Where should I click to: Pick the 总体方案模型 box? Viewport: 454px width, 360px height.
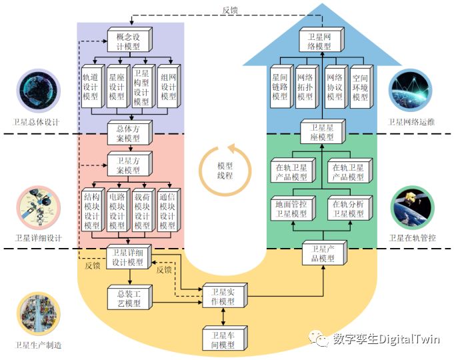pos(128,133)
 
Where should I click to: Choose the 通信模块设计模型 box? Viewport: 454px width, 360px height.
pos(168,210)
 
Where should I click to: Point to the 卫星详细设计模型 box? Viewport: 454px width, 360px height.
pos(127,257)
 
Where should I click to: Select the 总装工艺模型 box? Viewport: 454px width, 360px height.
pos(128,298)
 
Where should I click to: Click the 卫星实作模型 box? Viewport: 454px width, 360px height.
pos(223,297)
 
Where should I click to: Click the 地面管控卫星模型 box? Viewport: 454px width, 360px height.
pos(291,209)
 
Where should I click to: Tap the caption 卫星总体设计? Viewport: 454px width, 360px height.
pos(37,123)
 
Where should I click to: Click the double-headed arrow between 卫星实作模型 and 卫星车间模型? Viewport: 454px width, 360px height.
pos(223,316)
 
